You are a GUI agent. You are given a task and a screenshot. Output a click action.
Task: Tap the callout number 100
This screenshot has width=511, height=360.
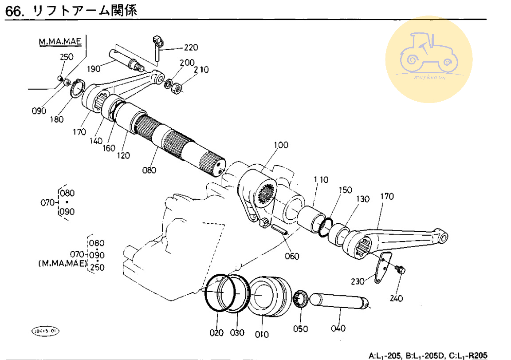(x=281, y=145)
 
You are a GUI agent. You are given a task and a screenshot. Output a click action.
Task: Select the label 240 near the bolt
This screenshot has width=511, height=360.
(x=396, y=298)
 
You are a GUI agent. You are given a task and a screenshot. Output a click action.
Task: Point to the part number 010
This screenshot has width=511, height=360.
(x=262, y=334)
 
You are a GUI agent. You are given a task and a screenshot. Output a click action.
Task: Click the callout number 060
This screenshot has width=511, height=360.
(x=292, y=256)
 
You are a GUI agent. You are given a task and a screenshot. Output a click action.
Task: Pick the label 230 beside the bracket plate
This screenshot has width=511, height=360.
(x=358, y=281)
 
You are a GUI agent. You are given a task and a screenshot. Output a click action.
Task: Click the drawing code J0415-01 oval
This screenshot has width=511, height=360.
(x=45, y=331)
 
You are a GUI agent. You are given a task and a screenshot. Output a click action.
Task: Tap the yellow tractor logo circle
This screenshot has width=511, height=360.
(x=428, y=59)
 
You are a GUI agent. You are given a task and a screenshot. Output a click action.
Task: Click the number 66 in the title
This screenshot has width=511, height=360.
(x=13, y=12)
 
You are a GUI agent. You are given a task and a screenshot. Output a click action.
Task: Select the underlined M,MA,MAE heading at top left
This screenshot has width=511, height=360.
(x=60, y=42)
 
